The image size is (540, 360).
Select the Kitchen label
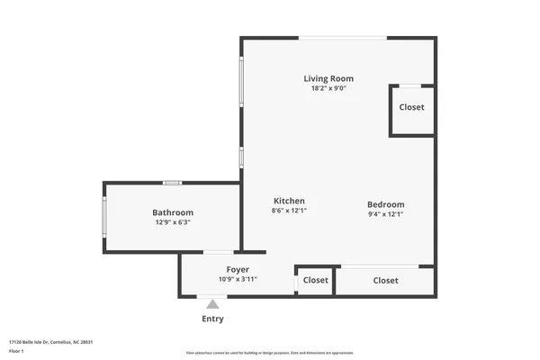pyautogui.click(x=289, y=201)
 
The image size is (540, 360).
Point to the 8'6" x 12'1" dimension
pyautogui.click(x=289, y=211)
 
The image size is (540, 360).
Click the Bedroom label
pyautogui.click(x=385, y=204)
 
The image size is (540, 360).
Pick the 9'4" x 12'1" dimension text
pyautogui.click(x=385, y=214)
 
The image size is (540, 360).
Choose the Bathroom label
pyautogui.click(x=172, y=212)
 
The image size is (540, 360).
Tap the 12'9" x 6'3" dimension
pyautogui.click(x=172, y=222)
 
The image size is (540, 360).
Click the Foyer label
pyautogui.click(x=238, y=269)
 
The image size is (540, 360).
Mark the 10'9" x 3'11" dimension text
pyautogui.click(x=238, y=279)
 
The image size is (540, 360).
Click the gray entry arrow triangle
pyautogui.click(x=212, y=304)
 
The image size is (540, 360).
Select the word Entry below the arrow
pyautogui.click(x=212, y=319)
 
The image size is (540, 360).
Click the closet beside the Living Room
pyautogui.click(x=411, y=108)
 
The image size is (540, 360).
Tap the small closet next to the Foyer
pyautogui.click(x=315, y=281)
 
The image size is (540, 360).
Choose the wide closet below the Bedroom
pyautogui.click(x=385, y=281)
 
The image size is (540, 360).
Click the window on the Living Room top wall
pyautogui.click(x=343, y=38)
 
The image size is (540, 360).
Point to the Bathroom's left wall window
pyautogui.click(x=104, y=217)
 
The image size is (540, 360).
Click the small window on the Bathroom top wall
pyautogui.click(x=172, y=183)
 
